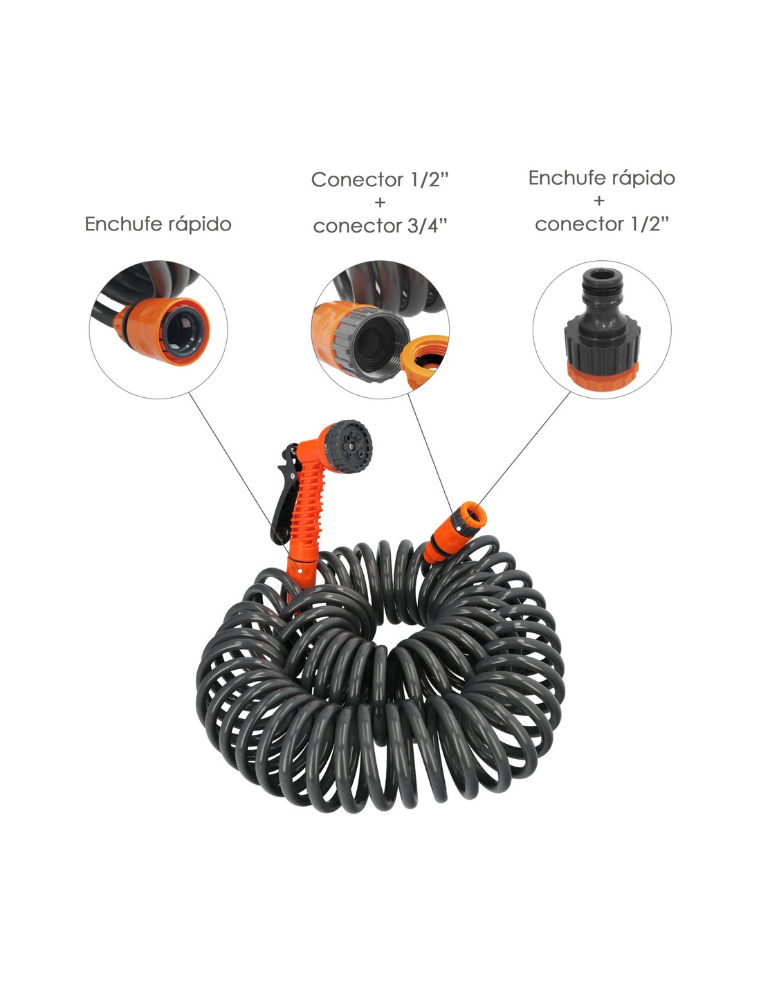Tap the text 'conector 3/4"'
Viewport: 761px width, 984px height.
coord(380,226)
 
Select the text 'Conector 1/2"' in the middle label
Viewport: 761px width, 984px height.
coord(380,180)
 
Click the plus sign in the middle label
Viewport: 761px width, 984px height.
coord(380,203)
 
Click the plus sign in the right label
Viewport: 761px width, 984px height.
coord(599,200)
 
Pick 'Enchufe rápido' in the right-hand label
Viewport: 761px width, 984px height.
coord(602,179)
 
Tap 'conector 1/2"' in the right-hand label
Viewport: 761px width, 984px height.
coord(602,224)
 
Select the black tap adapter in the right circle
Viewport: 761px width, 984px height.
coord(602,329)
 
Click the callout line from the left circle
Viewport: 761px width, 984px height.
coord(244,481)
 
